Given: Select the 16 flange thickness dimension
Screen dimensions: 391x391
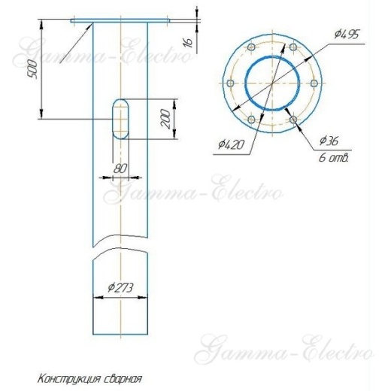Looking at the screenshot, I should [189, 43].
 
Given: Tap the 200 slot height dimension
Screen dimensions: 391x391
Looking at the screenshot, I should [168, 118].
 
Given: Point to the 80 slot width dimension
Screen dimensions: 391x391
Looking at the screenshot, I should [119, 168].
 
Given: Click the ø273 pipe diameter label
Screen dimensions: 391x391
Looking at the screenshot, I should [120, 286].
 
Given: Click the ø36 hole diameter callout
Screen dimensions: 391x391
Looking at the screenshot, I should [329, 141].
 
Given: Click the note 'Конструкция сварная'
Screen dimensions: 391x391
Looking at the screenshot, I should [89, 379].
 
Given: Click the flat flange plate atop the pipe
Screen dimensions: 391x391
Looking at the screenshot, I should [119, 21].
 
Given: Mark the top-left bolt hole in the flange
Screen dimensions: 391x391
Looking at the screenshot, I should [250, 49].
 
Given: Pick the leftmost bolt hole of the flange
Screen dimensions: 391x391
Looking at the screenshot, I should [229, 83].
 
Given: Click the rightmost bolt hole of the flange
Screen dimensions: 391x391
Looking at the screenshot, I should [312, 83].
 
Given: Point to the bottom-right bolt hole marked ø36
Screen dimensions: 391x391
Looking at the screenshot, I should [291, 119].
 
